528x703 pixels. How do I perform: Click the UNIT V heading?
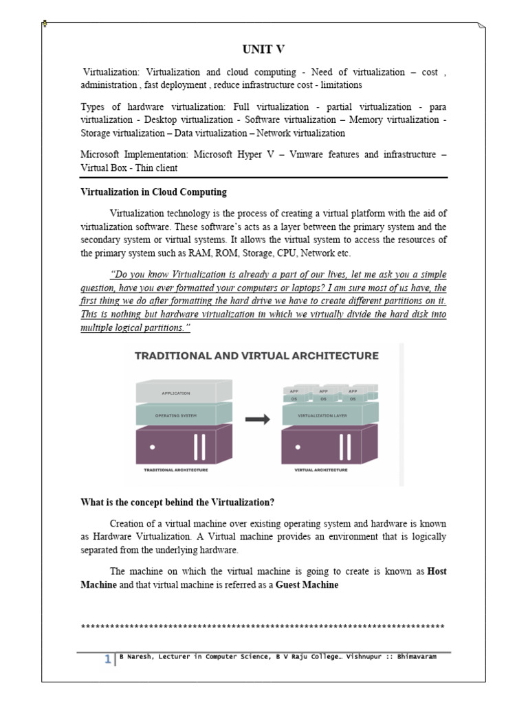(x=263, y=49)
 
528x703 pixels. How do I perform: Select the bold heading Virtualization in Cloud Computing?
(x=153, y=192)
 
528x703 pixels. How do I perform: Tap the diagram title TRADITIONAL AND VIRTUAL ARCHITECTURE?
(x=256, y=356)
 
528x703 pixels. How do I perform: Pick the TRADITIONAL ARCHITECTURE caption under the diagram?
(x=175, y=471)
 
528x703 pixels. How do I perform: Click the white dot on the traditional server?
(x=151, y=446)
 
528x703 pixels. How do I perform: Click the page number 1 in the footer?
(x=108, y=660)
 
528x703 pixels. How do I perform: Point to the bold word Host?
(x=437, y=571)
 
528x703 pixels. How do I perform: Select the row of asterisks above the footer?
(x=263, y=627)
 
